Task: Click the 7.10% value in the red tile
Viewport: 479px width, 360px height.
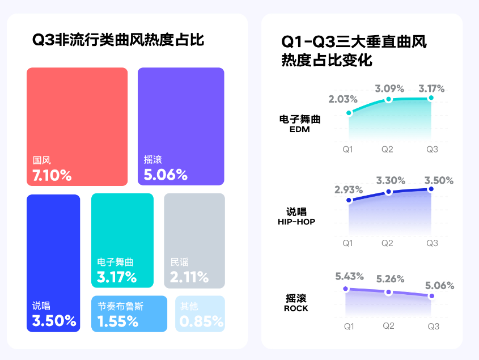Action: tap(52, 175)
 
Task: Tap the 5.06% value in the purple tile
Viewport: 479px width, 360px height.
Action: tap(166, 175)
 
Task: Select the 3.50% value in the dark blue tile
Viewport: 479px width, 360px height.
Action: tap(54, 321)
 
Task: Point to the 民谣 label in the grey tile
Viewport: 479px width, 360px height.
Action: tap(179, 262)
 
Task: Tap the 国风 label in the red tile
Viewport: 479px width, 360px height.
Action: tap(41, 160)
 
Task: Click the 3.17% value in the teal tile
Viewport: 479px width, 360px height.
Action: tap(117, 277)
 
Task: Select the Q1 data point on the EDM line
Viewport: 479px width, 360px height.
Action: tap(349, 113)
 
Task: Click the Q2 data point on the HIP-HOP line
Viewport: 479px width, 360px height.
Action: tap(388, 192)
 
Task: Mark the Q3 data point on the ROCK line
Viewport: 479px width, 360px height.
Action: tap(432, 296)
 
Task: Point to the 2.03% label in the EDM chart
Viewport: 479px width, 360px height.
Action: tap(342, 99)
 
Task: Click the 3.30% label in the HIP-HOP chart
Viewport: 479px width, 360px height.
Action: tap(391, 181)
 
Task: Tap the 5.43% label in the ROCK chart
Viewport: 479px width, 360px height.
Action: tap(349, 277)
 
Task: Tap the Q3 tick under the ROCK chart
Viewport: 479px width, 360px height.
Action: tap(433, 327)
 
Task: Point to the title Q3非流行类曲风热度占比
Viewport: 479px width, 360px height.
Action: tap(118, 40)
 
